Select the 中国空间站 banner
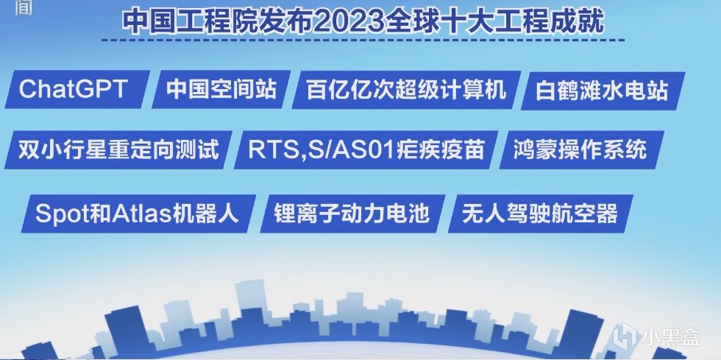[221, 89]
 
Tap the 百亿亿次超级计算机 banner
[406, 90]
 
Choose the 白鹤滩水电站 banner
[603, 91]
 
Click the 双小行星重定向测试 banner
[118, 149]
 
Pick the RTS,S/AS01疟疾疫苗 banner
[366, 149]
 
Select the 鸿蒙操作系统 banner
[582, 149]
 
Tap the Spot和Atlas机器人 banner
[138, 213]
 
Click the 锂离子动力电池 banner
[352, 213]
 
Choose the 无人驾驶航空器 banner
[540, 213]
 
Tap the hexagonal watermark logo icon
[625, 336]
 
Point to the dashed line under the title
[363, 40]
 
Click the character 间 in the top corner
[24, 7]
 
